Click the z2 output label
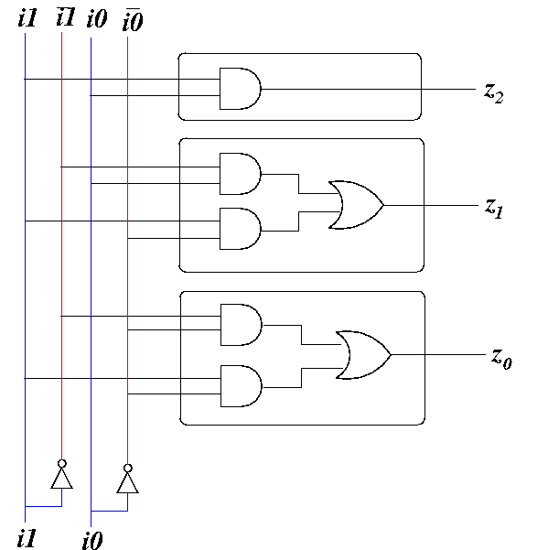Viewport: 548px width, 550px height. tap(494, 93)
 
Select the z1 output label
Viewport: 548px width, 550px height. tap(494, 209)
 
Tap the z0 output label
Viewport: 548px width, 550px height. tap(501, 359)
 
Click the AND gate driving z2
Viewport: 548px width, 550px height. tap(241, 89)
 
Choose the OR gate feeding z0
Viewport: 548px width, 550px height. tap(363, 355)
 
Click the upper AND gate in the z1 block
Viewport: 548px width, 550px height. tap(241, 174)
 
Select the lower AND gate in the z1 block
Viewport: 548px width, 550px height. tap(241, 229)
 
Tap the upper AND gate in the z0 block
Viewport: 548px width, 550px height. tap(242, 325)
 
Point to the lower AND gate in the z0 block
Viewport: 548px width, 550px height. tap(242, 386)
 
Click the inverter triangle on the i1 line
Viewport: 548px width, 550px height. tap(61, 479)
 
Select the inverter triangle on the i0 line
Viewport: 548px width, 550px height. tap(127, 483)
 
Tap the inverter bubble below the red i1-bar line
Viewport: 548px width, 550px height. tap(61, 464)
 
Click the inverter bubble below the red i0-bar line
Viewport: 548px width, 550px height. tap(127, 469)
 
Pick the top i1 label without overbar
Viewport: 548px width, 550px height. tap(27, 18)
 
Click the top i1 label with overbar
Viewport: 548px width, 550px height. tap(66, 16)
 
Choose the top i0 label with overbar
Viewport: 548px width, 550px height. tap(133, 19)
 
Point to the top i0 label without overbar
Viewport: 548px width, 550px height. tap(97, 18)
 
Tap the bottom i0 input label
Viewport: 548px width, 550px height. tap(92, 541)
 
